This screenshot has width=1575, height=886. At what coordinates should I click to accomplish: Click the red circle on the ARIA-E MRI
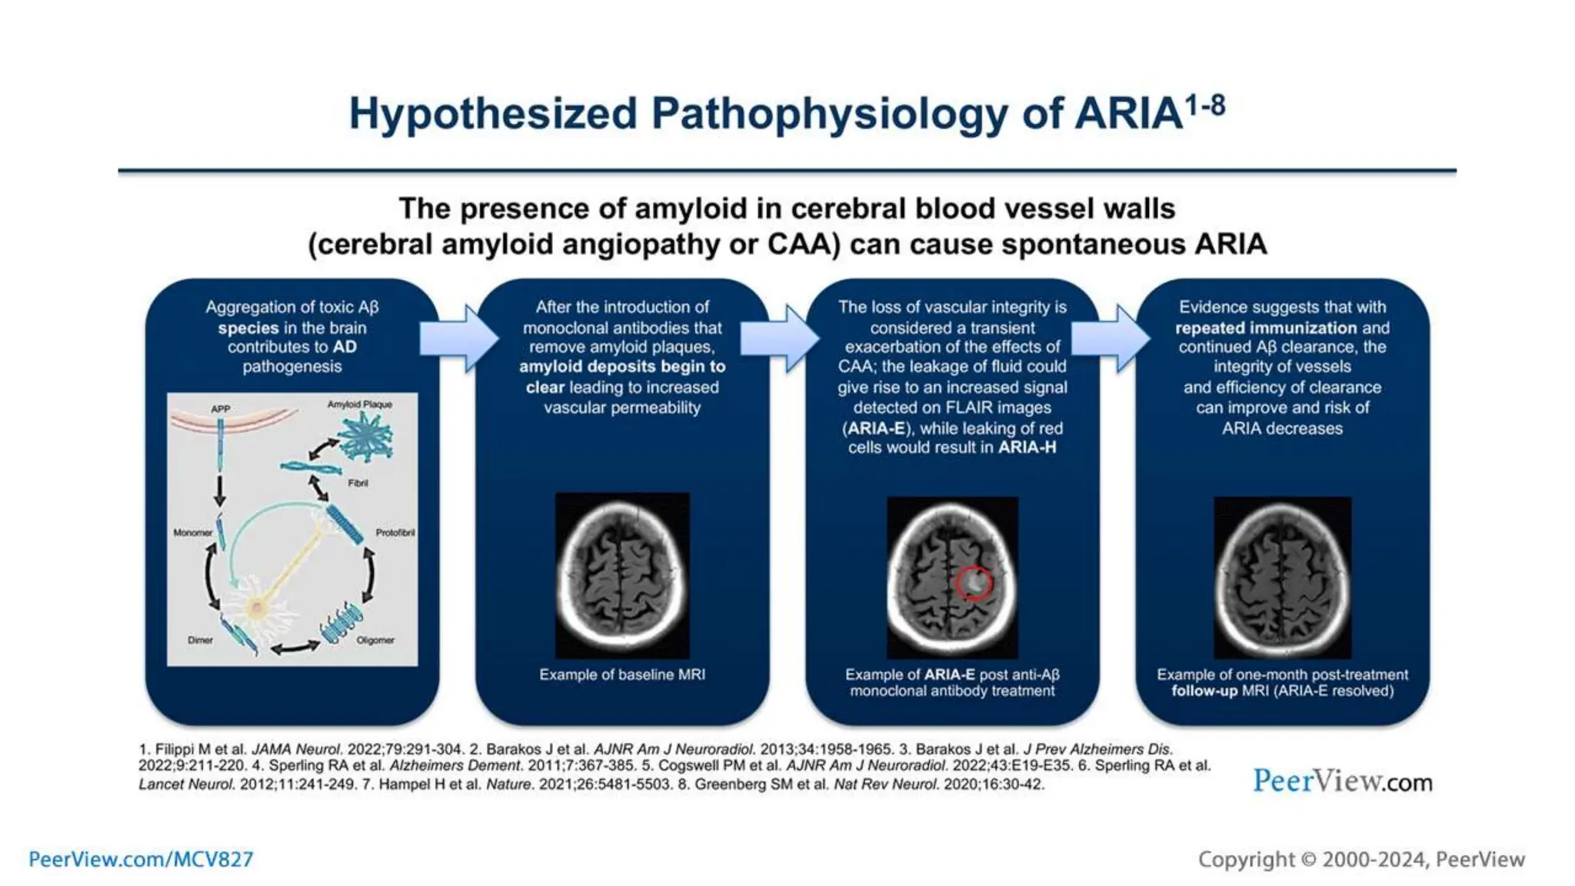click(x=973, y=582)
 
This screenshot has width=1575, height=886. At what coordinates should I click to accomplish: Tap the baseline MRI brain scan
click(x=622, y=575)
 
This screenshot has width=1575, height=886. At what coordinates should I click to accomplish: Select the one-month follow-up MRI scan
click(x=1282, y=577)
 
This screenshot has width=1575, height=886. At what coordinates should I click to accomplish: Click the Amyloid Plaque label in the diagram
click(x=360, y=405)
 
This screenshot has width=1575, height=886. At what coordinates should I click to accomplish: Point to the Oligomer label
click(x=375, y=640)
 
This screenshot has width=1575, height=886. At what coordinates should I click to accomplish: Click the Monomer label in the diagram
click(x=192, y=532)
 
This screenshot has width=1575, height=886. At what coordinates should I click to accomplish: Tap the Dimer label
click(x=200, y=640)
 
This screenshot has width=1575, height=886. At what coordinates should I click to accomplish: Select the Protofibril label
click(x=395, y=532)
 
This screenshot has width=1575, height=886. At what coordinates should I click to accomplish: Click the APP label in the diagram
click(x=221, y=409)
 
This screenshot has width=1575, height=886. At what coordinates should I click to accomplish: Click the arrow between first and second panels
click(x=460, y=338)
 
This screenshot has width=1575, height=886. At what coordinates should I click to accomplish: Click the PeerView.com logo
click(x=1342, y=781)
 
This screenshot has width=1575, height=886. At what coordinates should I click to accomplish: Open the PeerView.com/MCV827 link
click(x=141, y=859)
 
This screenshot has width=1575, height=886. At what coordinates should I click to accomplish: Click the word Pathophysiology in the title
click(x=829, y=114)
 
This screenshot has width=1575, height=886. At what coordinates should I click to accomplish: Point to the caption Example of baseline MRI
click(x=622, y=674)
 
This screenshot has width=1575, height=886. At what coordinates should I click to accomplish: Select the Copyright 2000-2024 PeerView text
click(x=1361, y=859)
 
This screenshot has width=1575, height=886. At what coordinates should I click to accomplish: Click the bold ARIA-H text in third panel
click(x=1027, y=448)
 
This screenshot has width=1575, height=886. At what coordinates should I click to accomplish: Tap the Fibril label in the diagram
click(x=358, y=483)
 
